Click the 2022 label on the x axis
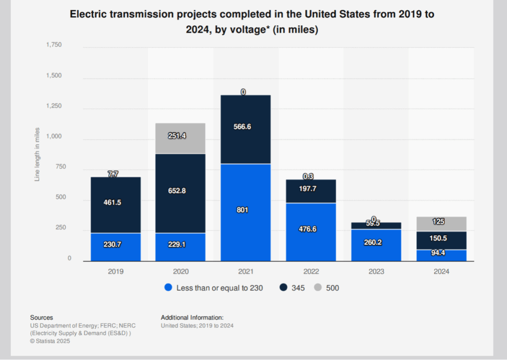point(311,272)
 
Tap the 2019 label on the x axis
point(115,272)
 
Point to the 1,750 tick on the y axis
point(53,45)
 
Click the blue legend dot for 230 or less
point(168,288)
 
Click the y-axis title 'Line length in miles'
point(37,153)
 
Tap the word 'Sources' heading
point(42,317)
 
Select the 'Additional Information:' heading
point(192,317)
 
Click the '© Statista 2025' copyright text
point(50,341)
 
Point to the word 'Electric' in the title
point(87,14)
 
